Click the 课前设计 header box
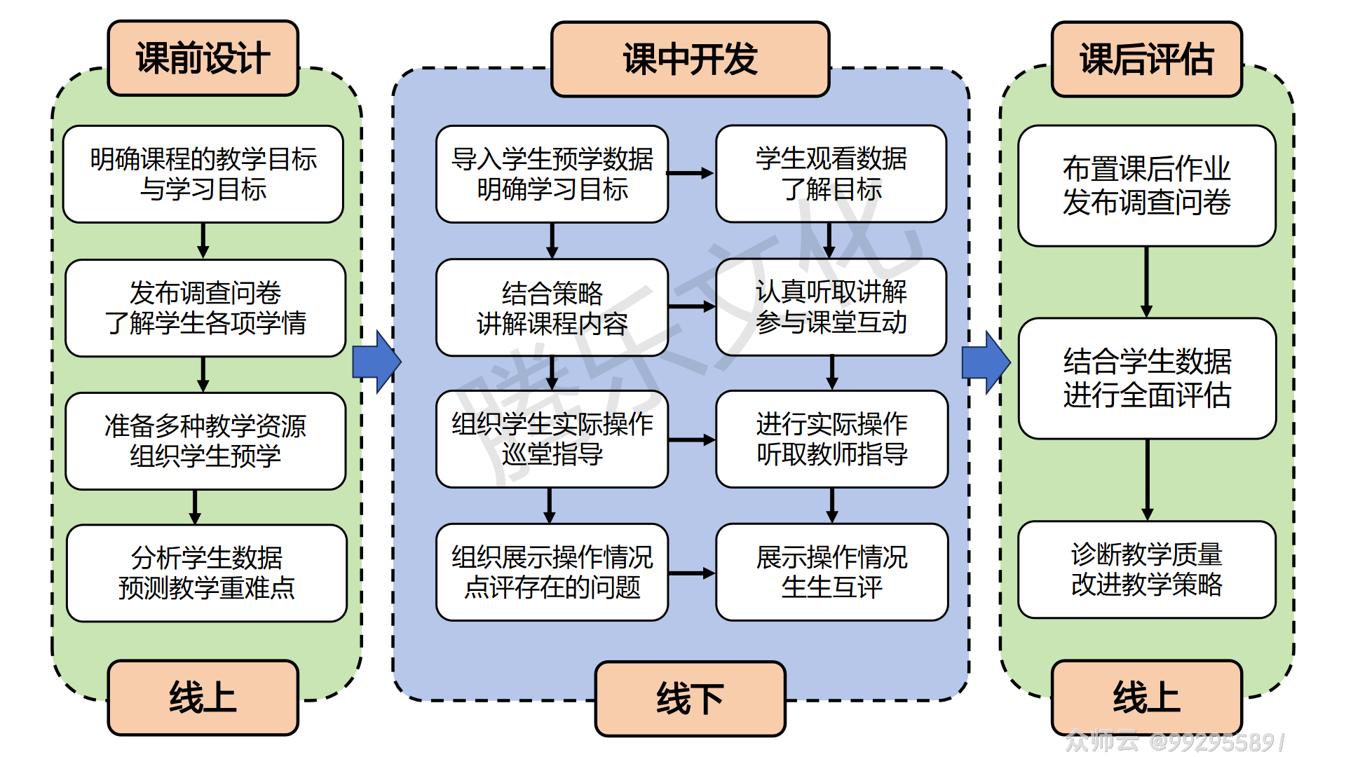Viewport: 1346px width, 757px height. pyautogui.click(x=203, y=58)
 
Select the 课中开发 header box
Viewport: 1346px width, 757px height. pyautogui.click(x=690, y=59)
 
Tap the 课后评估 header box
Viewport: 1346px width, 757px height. pyautogui.click(x=1146, y=59)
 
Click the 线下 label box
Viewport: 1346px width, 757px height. pyautogui.click(x=690, y=699)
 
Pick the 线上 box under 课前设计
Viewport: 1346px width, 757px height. pyautogui.click(x=203, y=697)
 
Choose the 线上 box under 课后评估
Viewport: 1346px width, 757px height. pyautogui.click(x=1146, y=697)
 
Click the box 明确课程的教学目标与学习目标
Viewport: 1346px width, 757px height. pyautogui.click(x=203, y=174)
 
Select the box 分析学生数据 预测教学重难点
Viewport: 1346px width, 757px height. pyautogui.click(x=206, y=573)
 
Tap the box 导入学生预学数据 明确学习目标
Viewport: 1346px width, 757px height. pyautogui.click(x=552, y=174)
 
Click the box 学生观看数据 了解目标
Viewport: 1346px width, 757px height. pyautogui.click(x=831, y=174)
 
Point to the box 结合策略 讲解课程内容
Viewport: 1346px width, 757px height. pyautogui.click(x=552, y=308)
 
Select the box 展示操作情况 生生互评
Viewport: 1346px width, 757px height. pyautogui.click(x=831, y=572)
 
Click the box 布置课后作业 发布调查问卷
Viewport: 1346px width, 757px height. pyautogui.click(x=1146, y=186)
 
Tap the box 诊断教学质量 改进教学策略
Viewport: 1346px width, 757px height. pyautogui.click(x=1146, y=569)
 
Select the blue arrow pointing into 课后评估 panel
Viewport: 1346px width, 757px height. pyautogui.click(x=986, y=362)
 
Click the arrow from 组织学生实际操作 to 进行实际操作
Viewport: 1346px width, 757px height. pyautogui.click(x=691, y=440)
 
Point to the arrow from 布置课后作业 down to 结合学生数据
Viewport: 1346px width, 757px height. pyautogui.click(x=1146, y=282)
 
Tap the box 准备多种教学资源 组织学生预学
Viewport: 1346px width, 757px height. pyautogui.click(x=205, y=441)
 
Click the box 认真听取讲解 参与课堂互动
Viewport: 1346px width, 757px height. pyautogui.click(x=831, y=307)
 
